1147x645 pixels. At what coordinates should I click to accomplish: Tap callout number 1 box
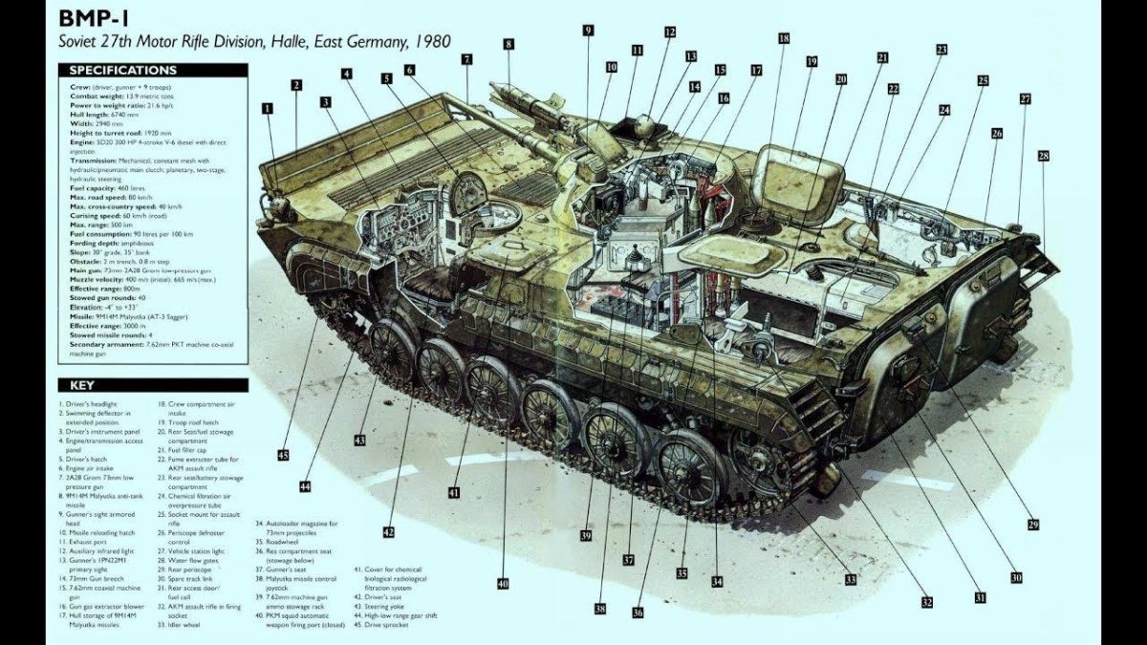pos(268,109)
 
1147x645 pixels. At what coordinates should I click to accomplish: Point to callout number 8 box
pos(509,44)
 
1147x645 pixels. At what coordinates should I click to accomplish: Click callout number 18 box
pos(784,39)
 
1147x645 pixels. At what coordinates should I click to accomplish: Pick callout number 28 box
pos(1043,155)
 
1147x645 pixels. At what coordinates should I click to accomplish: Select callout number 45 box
pos(283,455)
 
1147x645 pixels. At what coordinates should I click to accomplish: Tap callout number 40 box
pos(502,583)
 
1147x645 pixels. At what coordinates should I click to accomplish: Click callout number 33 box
pos(850,579)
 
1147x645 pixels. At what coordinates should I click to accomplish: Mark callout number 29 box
pos(1033,525)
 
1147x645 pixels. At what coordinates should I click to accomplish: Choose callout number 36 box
pos(638,613)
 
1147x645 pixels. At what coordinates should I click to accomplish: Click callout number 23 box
pos(941,49)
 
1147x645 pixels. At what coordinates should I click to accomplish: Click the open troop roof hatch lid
pos(798,176)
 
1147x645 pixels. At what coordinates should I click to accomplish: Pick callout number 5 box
pos(387,79)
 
